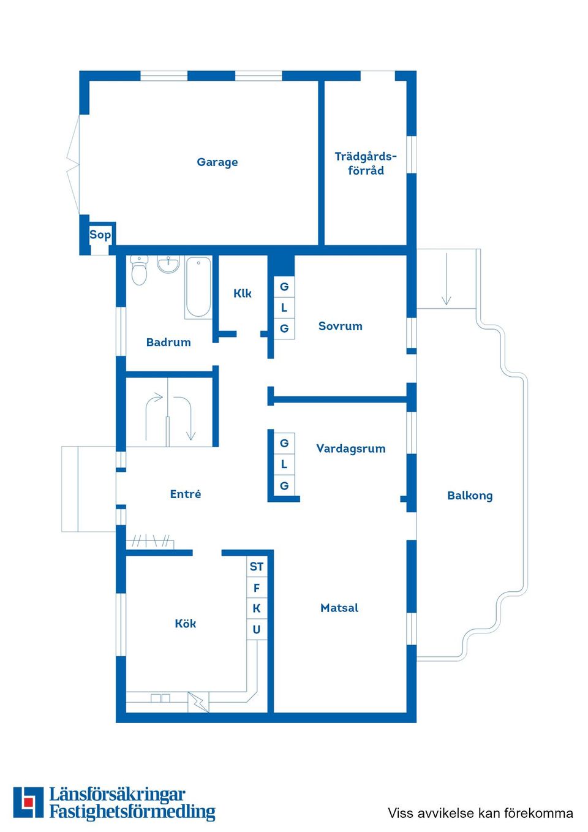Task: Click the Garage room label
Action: pos(217,162)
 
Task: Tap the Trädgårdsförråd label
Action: pos(366,164)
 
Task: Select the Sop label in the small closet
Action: pos(100,235)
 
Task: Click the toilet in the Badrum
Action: pos(140,270)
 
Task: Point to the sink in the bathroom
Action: pos(168,264)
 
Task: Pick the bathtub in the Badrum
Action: pos(198,287)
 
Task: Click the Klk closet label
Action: pos(243,293)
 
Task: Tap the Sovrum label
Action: pos(340,327)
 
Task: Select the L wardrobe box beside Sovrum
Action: pos(284,308)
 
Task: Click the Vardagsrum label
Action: pos(350,448)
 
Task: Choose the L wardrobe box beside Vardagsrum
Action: pos(284,464)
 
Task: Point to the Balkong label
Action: pos(470,496)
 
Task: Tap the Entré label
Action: pos(185,494)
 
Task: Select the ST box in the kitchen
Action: pos(257,567)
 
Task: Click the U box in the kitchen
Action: pos(257,629)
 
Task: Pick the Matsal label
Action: pos(339,608)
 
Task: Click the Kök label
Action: pos(185,624)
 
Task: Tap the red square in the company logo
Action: pos(28,802)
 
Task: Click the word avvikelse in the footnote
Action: pos(445,813)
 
